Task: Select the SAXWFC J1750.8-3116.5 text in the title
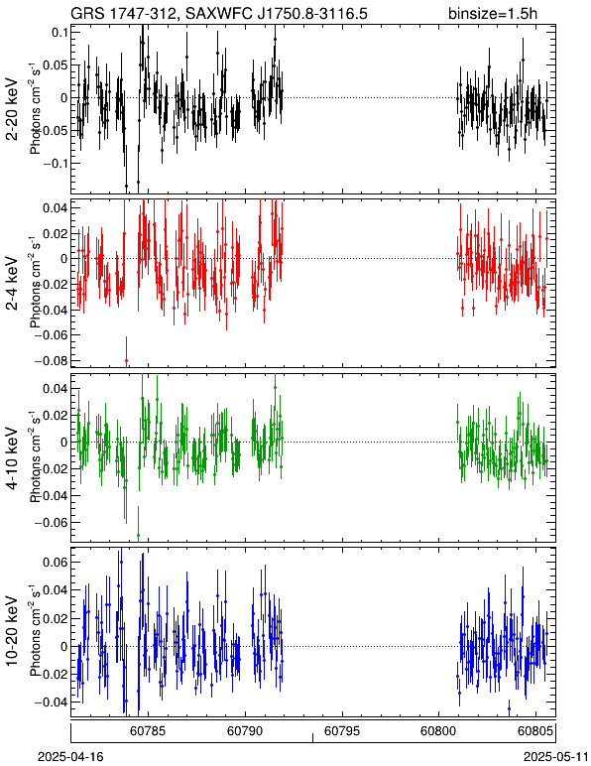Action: tap(270, 13)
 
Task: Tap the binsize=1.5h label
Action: tap(493, 13)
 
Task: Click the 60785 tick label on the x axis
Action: tap(148, 731)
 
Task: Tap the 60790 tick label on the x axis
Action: tap(245, 731)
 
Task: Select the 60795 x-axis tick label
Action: tap(342, 731)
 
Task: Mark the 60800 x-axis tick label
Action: tap(438, 731)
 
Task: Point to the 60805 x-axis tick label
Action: tap(535, 731)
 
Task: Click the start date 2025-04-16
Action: tap(71, 757)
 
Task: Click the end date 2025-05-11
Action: tap(555, 757)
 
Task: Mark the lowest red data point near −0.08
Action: tap(126, 360)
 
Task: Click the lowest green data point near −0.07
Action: tap(138, 536)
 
